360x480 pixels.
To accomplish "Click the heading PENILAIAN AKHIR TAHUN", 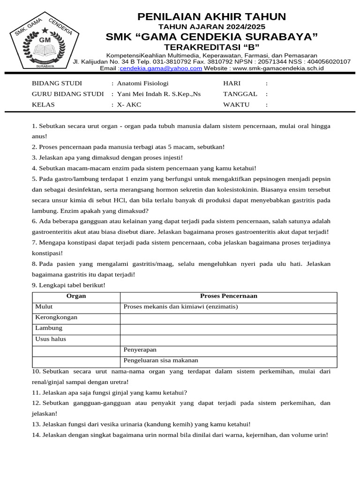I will pyautogui.click(x=211, y=17).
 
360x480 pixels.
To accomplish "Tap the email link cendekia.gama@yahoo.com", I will pyautogui.click(x=161, y=68).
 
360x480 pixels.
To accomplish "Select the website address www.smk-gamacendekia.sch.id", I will pyautogui.click(x=278, y=68).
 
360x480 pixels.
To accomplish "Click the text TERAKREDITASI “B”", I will pyautogui.click(x=211, y=47).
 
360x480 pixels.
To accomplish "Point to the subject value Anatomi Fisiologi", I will pyautogui.click(x=142, y=83).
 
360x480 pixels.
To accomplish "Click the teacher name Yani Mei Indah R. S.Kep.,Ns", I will pyautogui.click(x=158, y=94).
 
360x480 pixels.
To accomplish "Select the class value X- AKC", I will pyautogui.click(x=129, y=105).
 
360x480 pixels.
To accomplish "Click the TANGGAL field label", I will pyautogui.click(x=240, y=94).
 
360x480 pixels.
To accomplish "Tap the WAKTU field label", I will pyautogui.click(x=236, y=105).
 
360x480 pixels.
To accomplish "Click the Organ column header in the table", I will pyautogui.click(x=76, y=296).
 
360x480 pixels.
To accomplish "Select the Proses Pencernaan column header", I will pyautogui.click(x=228, y=296).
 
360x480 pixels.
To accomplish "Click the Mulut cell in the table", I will pyautogui.click(x=44, y=307).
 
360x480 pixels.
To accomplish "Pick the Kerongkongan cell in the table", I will pyautogui.click(x=56, y=318).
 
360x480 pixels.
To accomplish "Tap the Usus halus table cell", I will pyautogui.click(x=51, y=339).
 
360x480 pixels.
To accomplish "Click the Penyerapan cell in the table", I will pyautogui.click(x=140, y=350).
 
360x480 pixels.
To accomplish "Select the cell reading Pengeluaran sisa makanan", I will pyautogui.click(x=160, y=361).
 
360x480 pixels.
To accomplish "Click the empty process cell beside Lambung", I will pyautogui.click(x=228, y=329).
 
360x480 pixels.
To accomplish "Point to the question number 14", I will pyautogui.click(x=36, y=435).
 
